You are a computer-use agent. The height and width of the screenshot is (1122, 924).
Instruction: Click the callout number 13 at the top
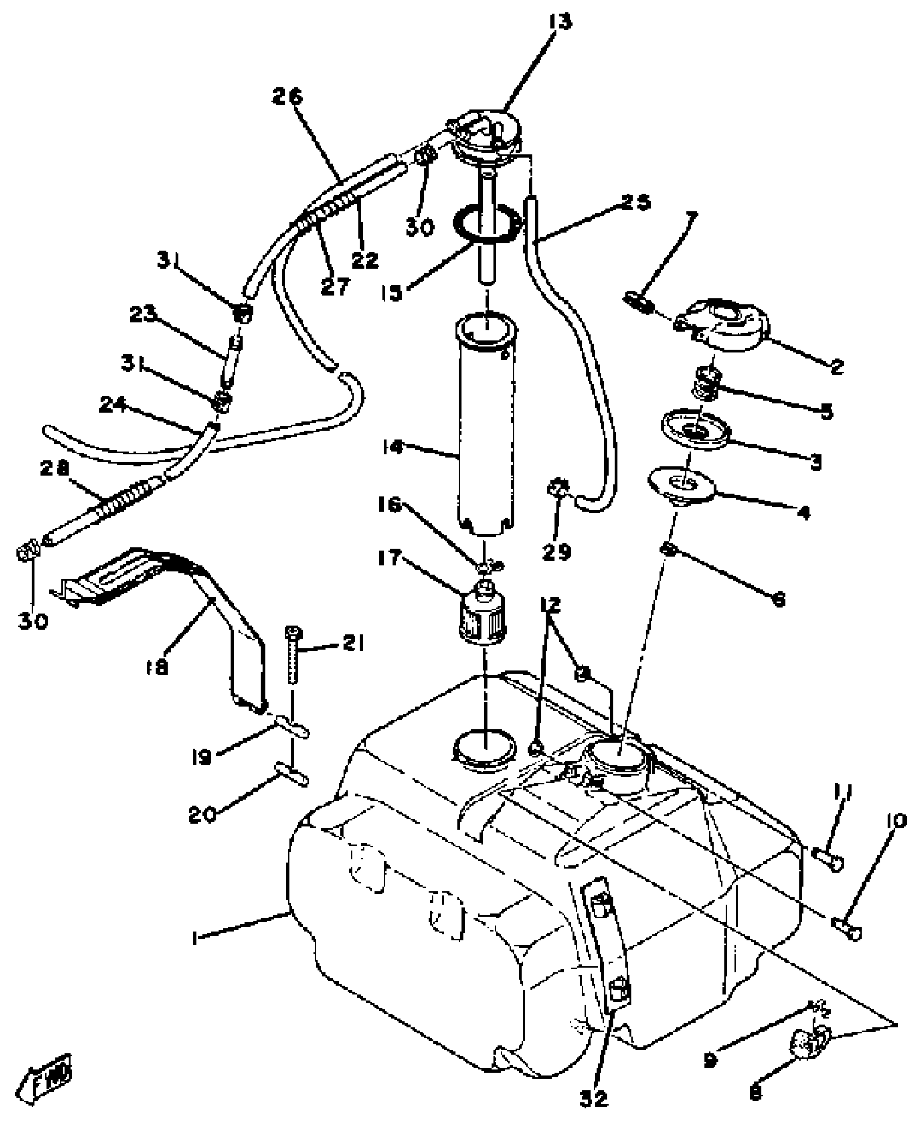point(559,23)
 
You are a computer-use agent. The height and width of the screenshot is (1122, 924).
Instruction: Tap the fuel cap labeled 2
point(723,326)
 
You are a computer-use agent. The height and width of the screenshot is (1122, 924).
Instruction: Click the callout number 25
point(635,202)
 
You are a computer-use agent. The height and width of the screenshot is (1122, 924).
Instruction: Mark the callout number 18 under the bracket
point(158,667)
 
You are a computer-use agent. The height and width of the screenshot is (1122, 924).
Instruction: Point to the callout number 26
point(287,98)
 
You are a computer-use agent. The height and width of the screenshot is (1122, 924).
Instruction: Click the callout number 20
point(203,814)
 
